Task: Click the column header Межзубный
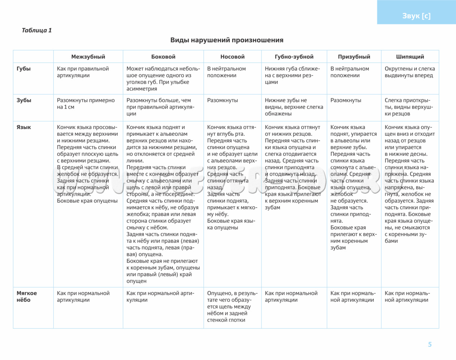pos(88,57)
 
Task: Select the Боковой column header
pos(163,57)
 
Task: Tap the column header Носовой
pos(232,57)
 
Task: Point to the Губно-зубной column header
pos(294,57)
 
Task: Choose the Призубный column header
pos(354,57)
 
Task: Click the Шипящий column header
pos(410,57)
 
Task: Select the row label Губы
pos(24,69)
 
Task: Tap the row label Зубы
pos(24,100)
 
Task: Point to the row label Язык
pos(24,127)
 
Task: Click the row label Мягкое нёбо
pos(27,297)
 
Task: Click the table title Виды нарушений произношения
pos(227,40)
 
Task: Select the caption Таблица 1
pos(37,30)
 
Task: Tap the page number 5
pos(430,345)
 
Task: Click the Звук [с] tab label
pos(416,16)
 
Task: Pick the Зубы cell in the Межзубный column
pos(85,104)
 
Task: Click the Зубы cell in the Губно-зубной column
pos(294,107)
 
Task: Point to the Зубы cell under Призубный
pos(346,100)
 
